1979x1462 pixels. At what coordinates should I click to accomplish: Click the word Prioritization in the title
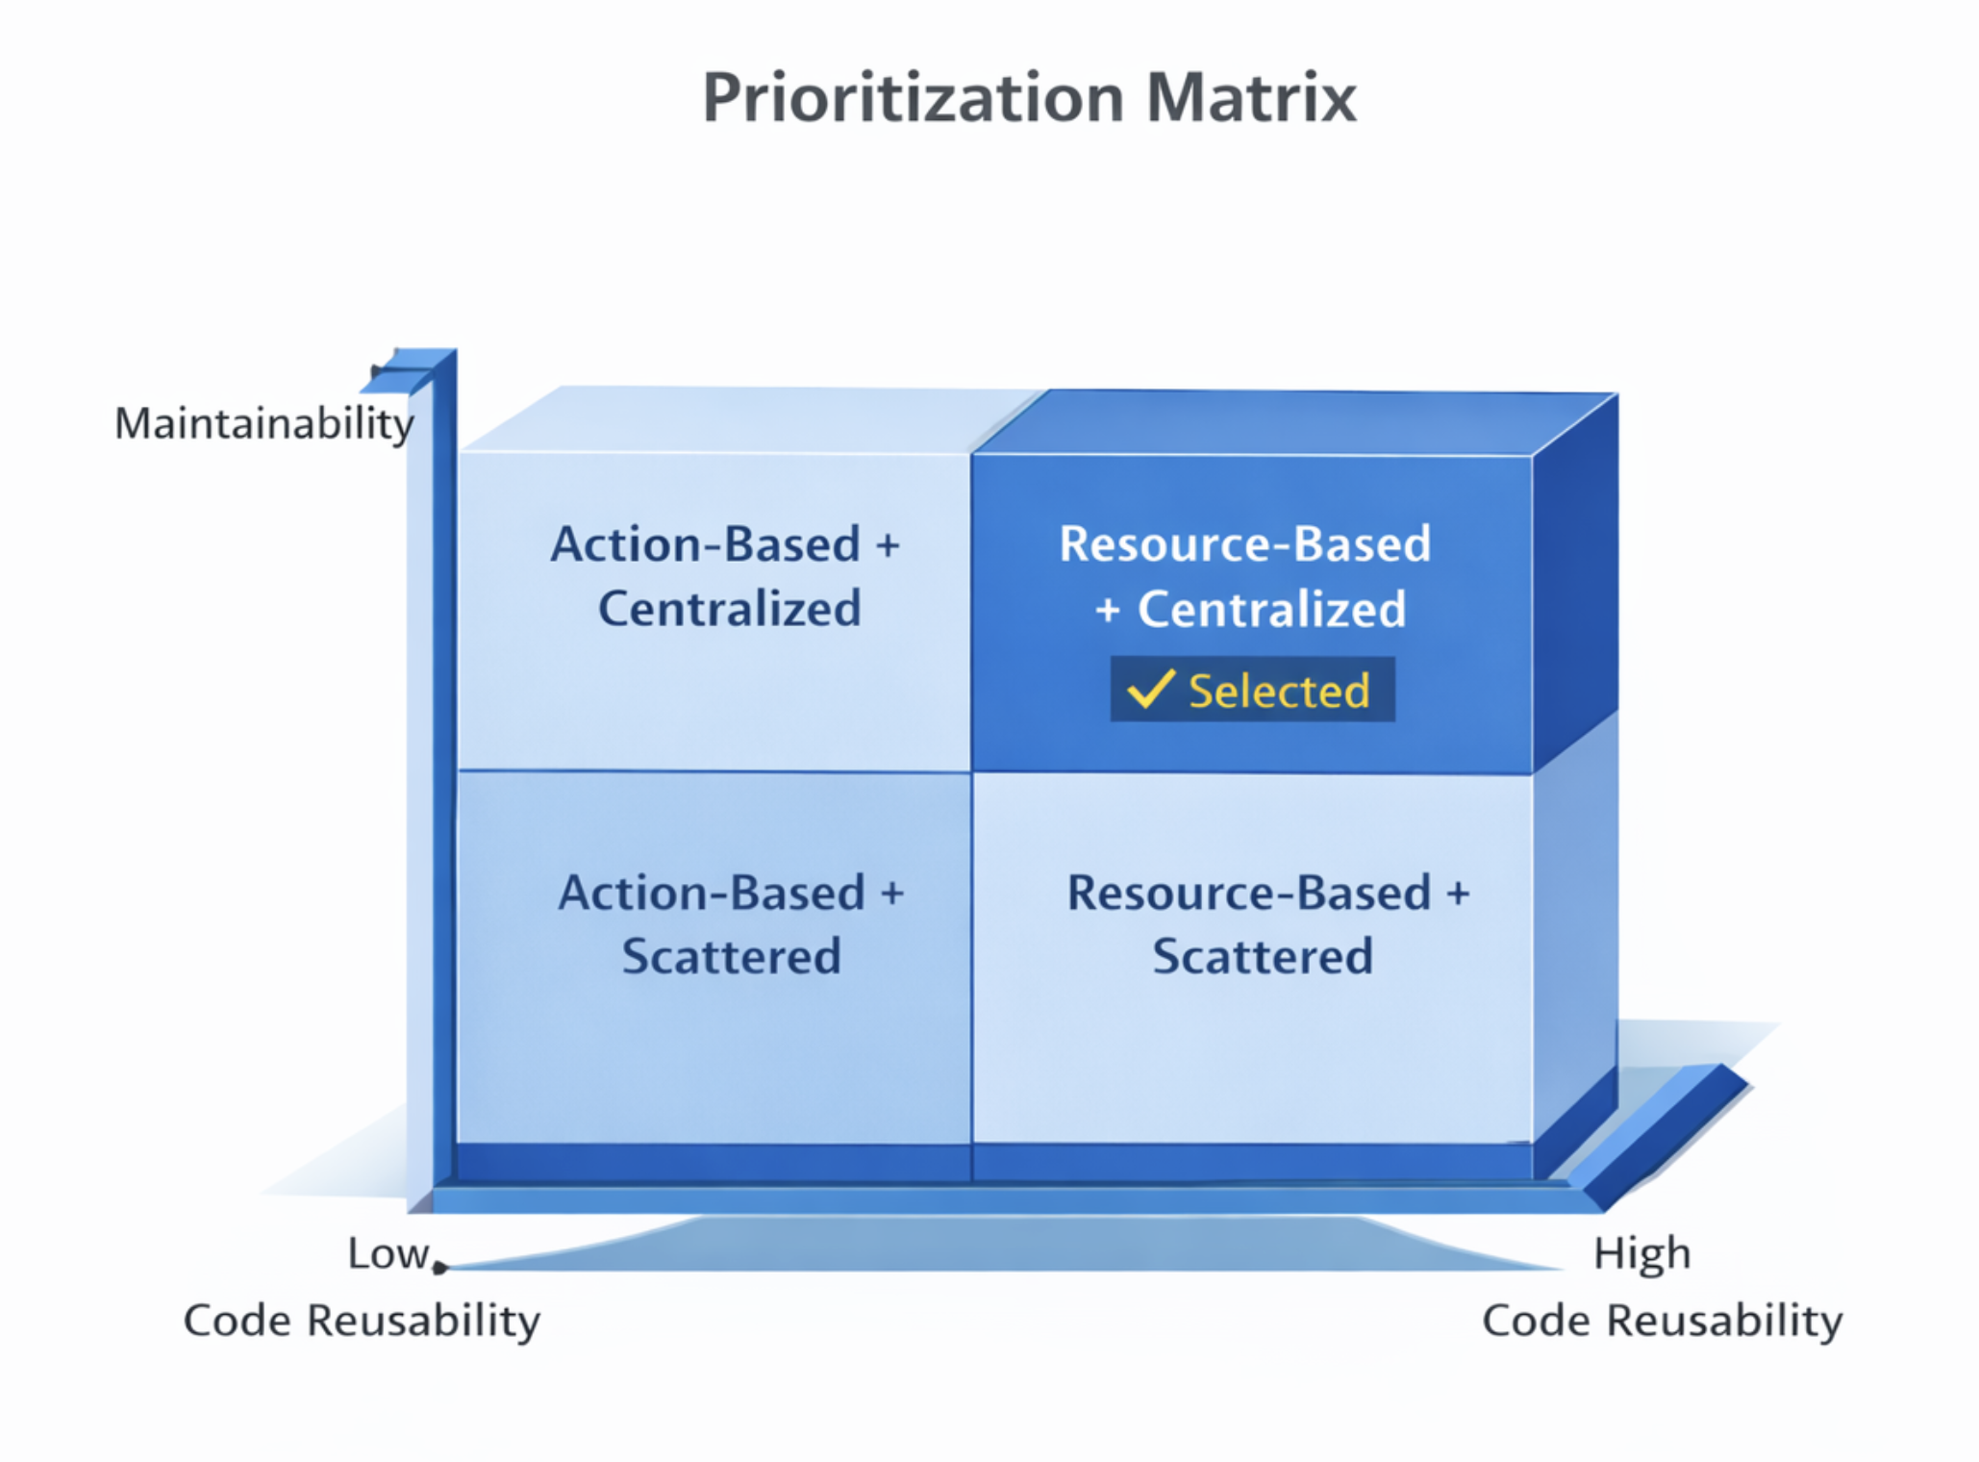tap(913, 99)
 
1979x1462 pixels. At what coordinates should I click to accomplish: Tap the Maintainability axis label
tap(263, 424)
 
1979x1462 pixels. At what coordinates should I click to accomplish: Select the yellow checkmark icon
tap(1150, 689)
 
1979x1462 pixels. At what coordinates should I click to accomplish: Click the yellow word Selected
tap(1279, 691)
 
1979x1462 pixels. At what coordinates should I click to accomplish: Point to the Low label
tap(388, 1253)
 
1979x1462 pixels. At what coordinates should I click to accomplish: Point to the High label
tap(1641, 1254)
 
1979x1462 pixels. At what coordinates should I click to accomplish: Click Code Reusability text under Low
tap(362, 1321)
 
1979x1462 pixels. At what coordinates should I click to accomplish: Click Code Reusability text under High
tap(1662, 1321)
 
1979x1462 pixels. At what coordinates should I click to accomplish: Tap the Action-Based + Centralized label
tap(726, 576)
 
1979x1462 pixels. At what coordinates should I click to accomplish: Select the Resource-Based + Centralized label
tap(1246, 576)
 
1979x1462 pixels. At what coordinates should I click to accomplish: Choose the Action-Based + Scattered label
tap(731, 924)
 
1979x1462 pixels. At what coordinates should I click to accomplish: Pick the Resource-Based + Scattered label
tap(1267, 924)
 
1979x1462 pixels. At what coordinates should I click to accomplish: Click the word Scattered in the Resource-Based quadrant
tap(1263, 957)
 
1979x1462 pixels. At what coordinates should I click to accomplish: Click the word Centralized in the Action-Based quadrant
tap(729, 609)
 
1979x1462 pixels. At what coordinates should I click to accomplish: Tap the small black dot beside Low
tap(439, 1268)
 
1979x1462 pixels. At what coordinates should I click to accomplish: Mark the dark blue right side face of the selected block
tap(1574, 577)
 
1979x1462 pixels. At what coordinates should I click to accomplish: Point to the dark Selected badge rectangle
tap(1252, 689)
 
